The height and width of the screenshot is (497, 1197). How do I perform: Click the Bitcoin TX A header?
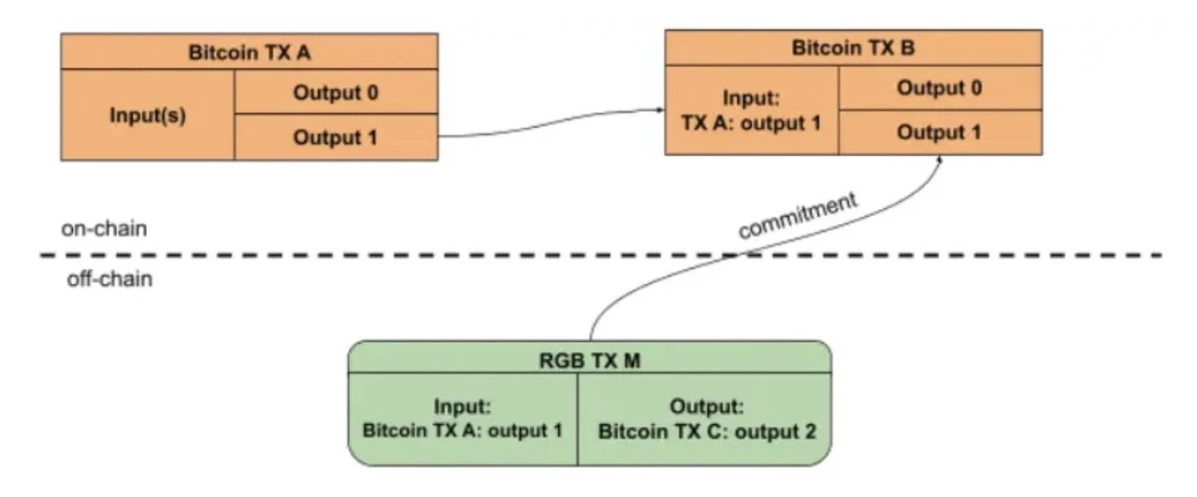tap(250, 51)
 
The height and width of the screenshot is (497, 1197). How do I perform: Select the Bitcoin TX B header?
tap(853, 47)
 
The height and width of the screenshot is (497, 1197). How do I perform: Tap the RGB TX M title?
tap(589, 361)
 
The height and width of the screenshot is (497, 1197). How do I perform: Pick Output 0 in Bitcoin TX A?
tap(336, 92)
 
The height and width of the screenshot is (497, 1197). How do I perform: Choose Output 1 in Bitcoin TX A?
tap(336, 137)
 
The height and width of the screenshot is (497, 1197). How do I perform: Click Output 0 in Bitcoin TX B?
tap(939, 88)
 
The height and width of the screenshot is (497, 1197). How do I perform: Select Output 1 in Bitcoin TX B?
tap(939, 133)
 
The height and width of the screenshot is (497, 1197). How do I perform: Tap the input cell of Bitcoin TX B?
tap(752, 110)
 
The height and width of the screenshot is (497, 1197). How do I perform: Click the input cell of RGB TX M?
tap(463, 420)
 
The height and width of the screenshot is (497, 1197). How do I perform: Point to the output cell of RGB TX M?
tap(706, 420)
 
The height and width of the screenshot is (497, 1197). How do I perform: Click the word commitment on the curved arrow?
tap(796, 217)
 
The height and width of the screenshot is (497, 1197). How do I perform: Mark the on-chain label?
tap(104, 229)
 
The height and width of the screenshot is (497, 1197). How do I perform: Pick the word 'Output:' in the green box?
tap(706, 408)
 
